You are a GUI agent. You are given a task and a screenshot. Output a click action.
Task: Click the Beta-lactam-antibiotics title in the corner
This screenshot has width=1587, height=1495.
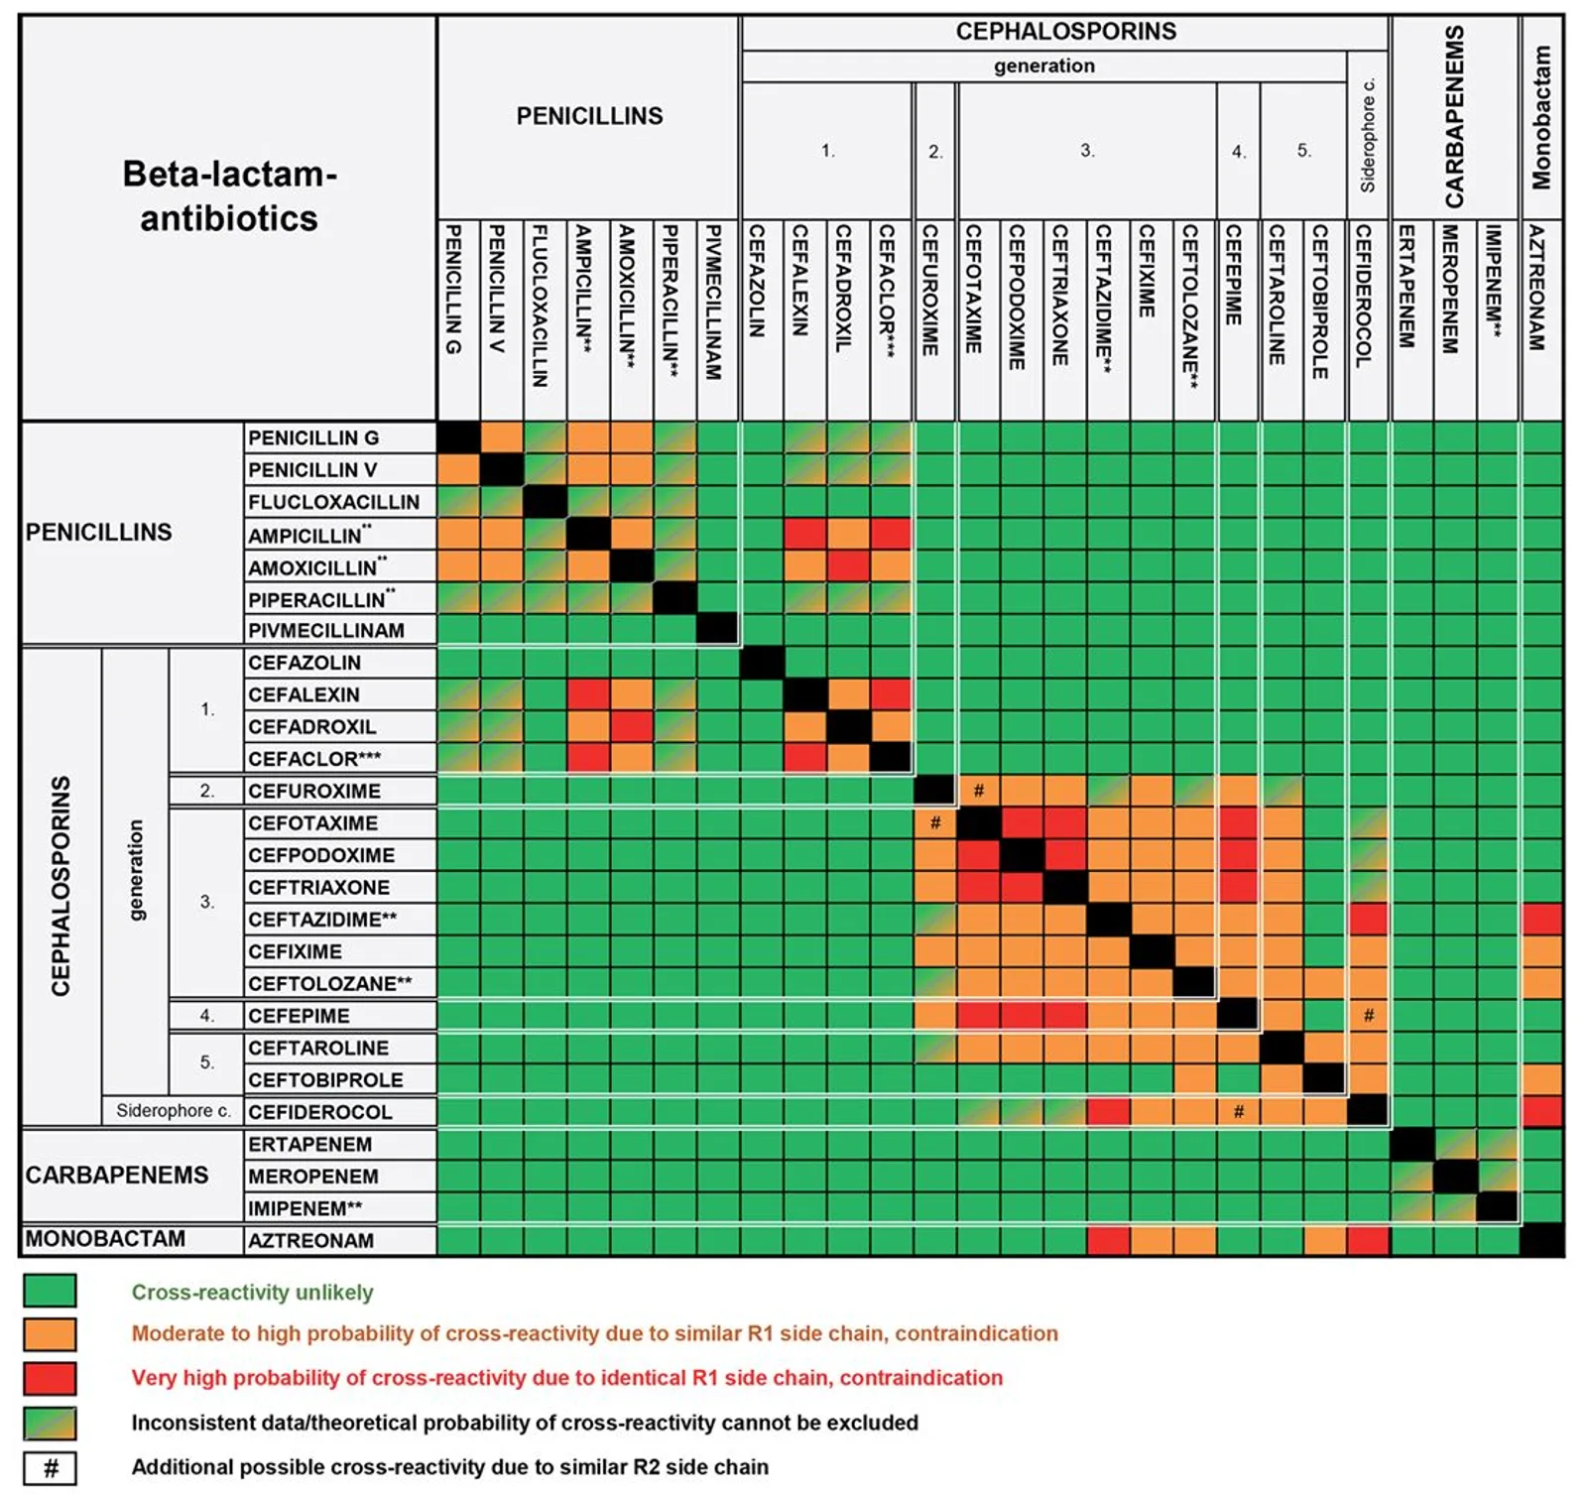[229, 195]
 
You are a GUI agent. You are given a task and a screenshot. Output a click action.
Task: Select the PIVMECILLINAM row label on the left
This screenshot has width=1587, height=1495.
[326, 631]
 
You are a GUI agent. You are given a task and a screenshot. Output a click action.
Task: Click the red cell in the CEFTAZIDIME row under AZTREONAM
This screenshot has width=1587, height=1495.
[1541, 919]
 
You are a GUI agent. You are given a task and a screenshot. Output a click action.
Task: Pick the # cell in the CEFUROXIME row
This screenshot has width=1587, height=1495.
[978, 791]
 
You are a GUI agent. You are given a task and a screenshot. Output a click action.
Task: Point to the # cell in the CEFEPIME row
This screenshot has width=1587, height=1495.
[1368, 1015]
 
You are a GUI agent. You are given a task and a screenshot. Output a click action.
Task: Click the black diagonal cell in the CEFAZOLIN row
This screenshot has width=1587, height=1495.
[762, 663]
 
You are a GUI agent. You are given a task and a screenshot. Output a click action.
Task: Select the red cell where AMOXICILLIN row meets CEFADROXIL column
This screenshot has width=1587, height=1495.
[848, 566]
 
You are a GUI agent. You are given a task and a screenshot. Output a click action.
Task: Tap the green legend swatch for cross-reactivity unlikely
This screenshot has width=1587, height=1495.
[50, 1291]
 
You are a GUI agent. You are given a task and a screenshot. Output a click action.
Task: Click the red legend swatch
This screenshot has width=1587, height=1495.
[50, 1378]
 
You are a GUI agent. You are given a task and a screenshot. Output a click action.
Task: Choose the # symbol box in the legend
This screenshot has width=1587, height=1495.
[50, 1467]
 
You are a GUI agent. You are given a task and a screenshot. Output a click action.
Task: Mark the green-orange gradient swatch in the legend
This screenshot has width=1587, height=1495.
[50, 1423]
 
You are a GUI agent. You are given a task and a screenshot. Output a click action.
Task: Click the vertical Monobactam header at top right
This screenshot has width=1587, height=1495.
[1540, 117]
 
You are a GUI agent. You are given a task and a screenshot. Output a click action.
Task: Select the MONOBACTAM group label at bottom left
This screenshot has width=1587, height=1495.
[105, 1239]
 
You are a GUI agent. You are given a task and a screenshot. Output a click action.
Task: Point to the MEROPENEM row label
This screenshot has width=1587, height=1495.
[313, 1177]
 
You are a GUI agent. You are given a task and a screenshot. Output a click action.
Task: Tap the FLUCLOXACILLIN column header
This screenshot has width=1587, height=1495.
[540, 306]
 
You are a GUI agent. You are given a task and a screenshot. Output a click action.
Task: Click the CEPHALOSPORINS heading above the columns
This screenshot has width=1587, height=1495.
[1065, 32]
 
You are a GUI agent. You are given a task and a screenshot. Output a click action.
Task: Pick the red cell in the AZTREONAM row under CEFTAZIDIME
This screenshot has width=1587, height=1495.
[1108, 1240]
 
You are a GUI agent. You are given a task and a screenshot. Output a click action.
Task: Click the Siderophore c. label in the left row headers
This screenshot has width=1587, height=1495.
[173, 1111]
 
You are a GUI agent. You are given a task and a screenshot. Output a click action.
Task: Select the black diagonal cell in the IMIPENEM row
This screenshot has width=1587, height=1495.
[1498, 1207]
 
